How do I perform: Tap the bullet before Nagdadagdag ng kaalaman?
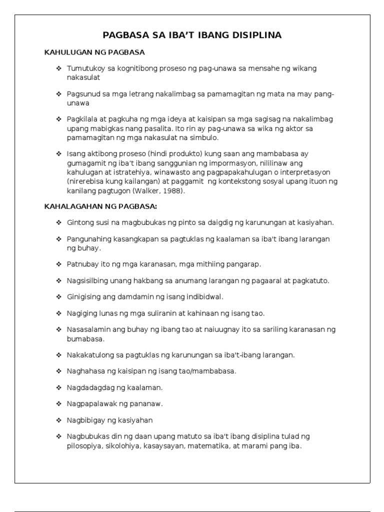click(58, 387)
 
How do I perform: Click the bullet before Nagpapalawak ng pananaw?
click(58, 403)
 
